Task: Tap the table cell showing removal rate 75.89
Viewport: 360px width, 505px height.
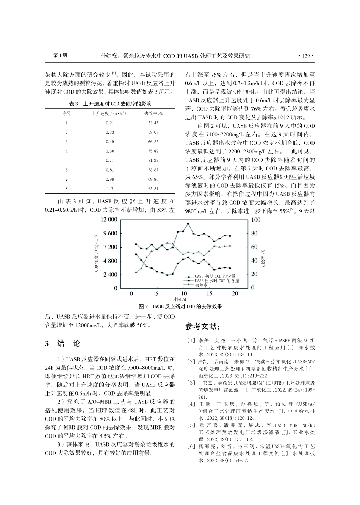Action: click(x=153, y=151)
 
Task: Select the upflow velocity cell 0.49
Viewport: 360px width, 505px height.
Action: click(x=110, y=142)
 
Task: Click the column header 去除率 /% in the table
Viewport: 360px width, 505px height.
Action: click(x=153, y=113)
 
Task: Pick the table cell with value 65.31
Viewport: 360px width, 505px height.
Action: click(x=153, y=189)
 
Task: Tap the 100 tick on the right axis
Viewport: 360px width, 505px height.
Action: click(x=256, y=220)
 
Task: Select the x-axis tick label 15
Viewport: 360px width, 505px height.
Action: click(x=209, y=294)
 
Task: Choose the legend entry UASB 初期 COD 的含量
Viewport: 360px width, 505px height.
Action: click(x=215, y=276)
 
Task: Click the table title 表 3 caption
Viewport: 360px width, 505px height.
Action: click(x=110, y=103)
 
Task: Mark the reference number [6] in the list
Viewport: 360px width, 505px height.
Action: click(x=191, y=447)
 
